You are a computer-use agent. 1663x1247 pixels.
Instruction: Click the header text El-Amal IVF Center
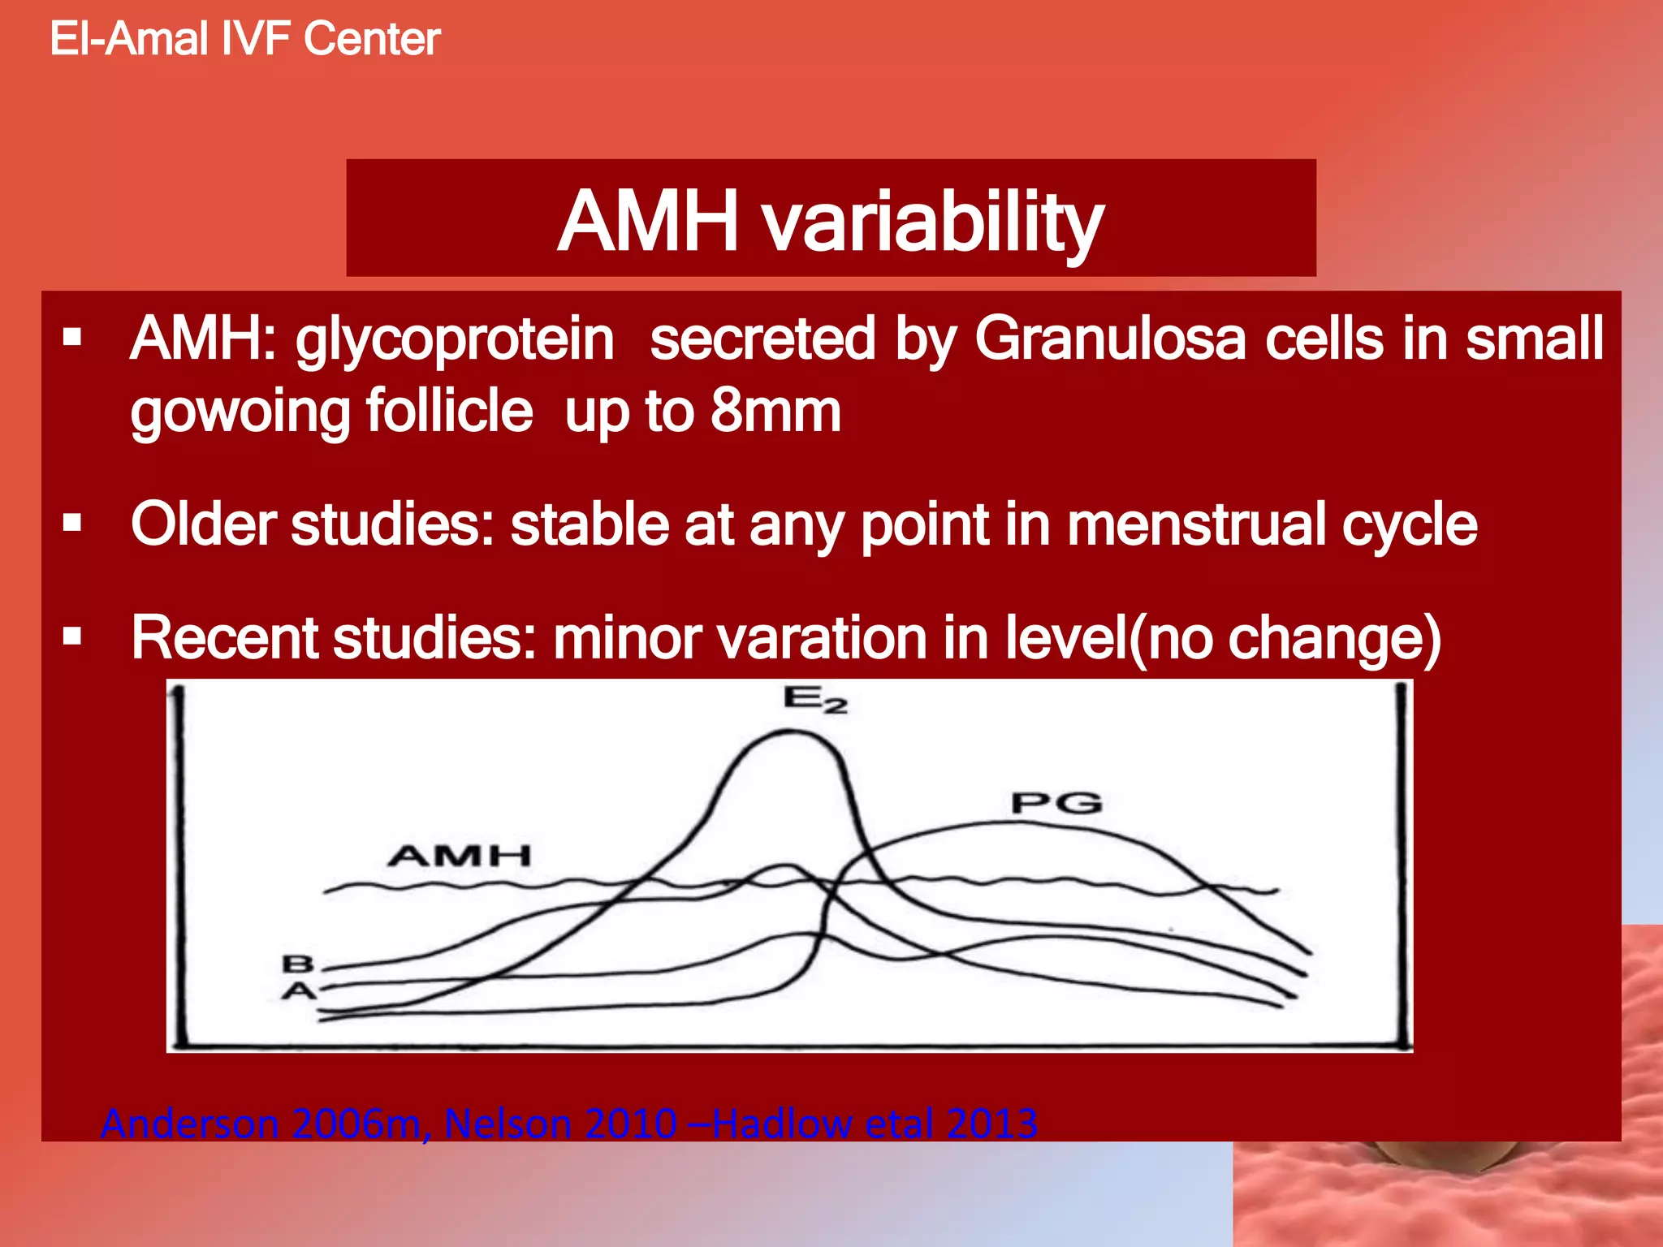click(244, 39)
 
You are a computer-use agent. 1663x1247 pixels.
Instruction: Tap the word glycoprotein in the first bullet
click(454, 339)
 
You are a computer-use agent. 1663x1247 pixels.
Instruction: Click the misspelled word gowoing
click(240, 412)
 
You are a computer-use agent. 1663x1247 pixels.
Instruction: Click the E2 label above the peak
click(814, 699)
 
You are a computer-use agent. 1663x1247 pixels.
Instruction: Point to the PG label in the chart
click(1056, 804)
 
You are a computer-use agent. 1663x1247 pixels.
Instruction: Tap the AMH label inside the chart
click(459, 856)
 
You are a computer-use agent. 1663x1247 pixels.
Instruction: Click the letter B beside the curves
click(297, 964)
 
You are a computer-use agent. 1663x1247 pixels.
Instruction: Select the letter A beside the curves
click(298, 991)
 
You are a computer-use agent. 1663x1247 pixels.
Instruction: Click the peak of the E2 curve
click(792, 732)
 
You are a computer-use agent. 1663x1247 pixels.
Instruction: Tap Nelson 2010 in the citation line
click(560, 1124)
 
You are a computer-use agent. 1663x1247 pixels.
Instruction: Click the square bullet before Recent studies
click(73, 636)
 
